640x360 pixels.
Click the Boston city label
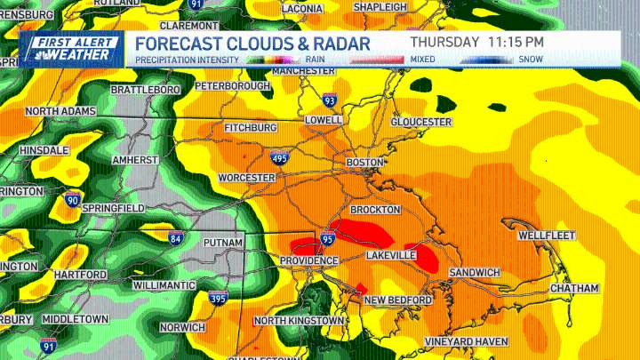pos(364,163)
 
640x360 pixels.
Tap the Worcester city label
pos(246,178)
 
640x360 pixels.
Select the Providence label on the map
pos(308,260)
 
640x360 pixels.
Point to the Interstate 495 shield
pos(279,157)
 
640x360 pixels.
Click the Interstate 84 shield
pos(177,236)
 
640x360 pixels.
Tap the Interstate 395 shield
pos(218,298)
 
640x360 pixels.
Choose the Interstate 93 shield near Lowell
pos(330,100)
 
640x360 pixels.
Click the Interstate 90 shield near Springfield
pos(74,198)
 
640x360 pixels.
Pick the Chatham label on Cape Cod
pos(573,289)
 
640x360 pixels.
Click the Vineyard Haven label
pos(466,341)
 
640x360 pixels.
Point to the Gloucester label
pos(421,122)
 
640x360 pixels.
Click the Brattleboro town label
pos(146,90)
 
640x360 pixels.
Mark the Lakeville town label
pos(391,255)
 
